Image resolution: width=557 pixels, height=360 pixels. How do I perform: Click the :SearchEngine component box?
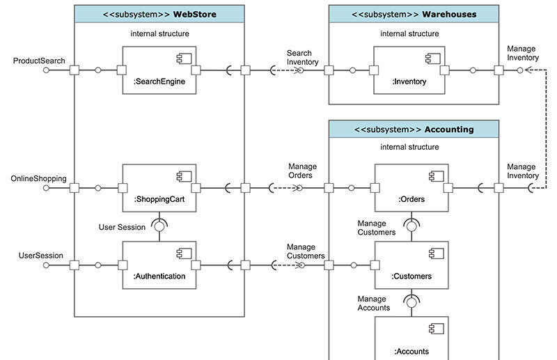click(159, 70)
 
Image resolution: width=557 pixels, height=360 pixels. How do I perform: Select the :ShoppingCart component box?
click(159, 188)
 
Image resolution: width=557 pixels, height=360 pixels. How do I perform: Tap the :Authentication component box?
click(159, 265)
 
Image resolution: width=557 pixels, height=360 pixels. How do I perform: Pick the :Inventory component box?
click(410, 70)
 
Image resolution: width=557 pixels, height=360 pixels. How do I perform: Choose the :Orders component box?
click(411, 188)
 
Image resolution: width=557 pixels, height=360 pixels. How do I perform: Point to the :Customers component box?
click(411, 265)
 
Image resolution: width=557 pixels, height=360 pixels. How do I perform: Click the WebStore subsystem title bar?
click(159, 14)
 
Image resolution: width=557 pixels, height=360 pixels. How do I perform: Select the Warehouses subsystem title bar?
click(414, 14)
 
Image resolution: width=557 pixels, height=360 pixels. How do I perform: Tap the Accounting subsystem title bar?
click(414, 129)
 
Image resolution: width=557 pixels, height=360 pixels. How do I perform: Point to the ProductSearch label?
click(39, 61)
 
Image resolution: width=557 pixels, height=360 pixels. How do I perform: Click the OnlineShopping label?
click(39, 178)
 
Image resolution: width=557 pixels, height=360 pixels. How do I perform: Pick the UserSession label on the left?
click(41, 256)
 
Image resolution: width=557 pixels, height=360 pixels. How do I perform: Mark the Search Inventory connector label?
click(302, 58)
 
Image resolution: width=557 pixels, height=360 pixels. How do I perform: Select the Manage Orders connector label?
click(303, 171)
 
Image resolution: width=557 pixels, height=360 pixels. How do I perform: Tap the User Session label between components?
click(122, 227)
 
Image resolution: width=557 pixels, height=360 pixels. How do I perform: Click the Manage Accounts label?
click(374, 303)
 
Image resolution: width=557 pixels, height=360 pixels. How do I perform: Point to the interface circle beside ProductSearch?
click(47, 70)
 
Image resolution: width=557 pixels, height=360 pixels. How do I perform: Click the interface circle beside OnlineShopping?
click(47, 187)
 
